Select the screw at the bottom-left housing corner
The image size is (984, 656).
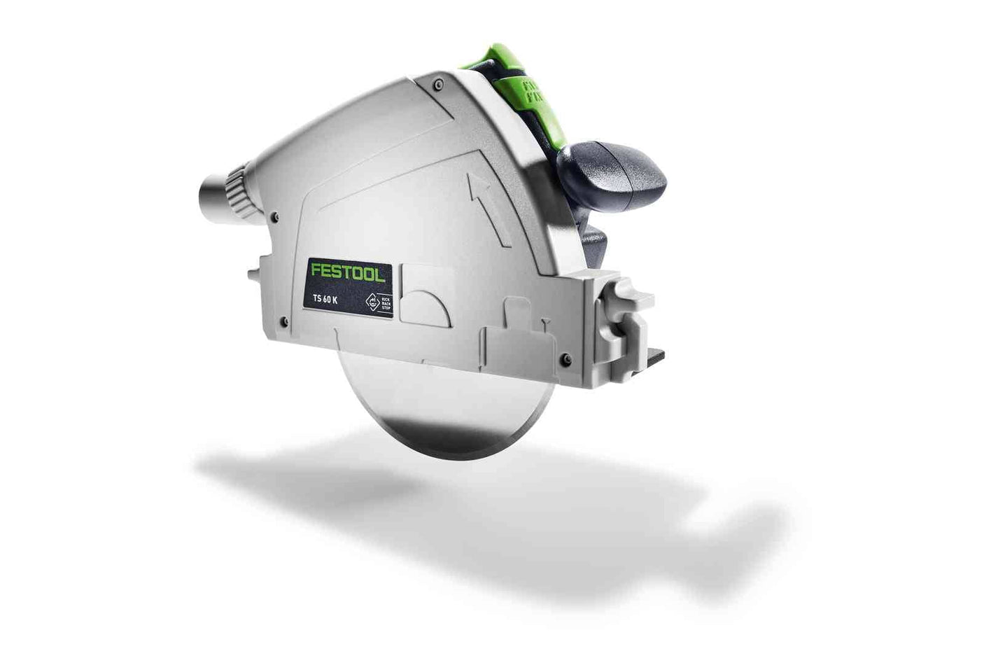point(282,321)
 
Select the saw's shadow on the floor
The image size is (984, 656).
point(490,504)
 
